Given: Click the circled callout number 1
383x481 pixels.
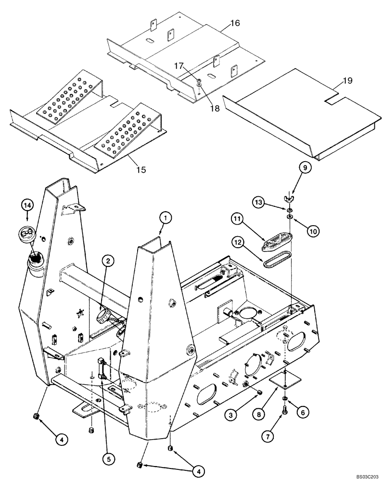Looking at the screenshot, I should click(165, 218).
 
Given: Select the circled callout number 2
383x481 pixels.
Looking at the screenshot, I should click(108, 261).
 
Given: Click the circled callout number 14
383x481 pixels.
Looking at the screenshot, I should click(27, 205).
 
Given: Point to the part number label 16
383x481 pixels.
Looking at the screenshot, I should click(234, 23).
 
